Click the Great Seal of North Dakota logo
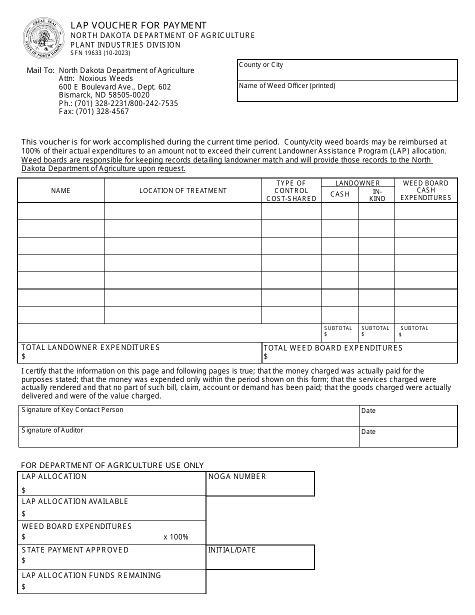[x=44, y=38]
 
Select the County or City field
[x=347, y=70]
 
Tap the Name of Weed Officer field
[x=347, y=91]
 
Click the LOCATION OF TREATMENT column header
[x=183, y=190]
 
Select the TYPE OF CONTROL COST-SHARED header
[x=291, y=190]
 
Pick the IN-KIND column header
[x=377, y=195]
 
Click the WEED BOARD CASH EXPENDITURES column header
[x=425, y=190]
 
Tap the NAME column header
[x=61, y=190]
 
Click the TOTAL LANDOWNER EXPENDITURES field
[x=140, y=352]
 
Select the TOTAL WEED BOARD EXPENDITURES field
[x=359, y=352]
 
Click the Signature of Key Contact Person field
[x=189, y=415]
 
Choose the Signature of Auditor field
[x=189, y=436]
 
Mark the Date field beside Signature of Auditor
[x=408, y=436]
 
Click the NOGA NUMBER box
[x=260, y=484]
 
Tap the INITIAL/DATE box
[x=260, y=557]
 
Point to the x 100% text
[x=176, y=537]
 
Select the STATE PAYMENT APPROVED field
[x=111, y=557]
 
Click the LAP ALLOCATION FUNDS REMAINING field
[x=111, y=582]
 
